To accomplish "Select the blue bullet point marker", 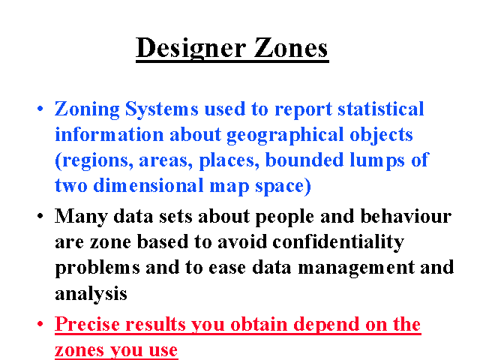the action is click(40, 108).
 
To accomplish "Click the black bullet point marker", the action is click(40, 216).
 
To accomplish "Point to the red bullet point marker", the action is click(40, 323).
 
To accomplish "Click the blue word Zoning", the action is click(87, 109).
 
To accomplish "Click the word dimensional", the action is click(148, 185).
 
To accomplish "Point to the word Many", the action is click(81, 217).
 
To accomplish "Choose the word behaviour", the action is click(406, 216).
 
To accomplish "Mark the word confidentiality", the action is click(338, 242).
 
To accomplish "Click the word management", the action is click(356, 268).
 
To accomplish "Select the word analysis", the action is click(91, 294).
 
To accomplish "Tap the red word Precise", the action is click(87, 324).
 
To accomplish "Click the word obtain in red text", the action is click(259, 324).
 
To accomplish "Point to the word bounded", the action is click(304, 160).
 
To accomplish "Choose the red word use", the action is click(163, 350).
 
